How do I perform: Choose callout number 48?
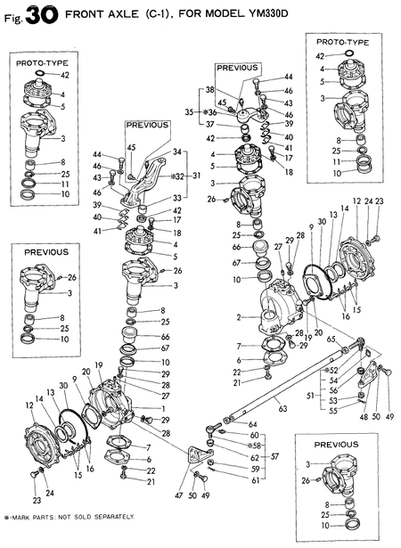tap(363, 416)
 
